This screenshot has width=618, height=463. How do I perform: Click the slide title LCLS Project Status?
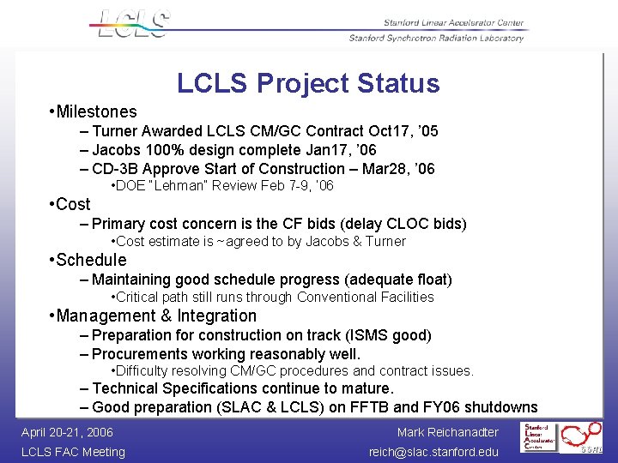308,83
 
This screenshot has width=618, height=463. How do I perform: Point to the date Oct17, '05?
403,131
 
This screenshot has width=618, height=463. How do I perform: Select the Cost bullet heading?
73,204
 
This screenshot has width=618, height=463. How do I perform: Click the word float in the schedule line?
428,279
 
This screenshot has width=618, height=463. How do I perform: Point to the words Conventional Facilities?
366,298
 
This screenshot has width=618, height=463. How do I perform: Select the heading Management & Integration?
156,316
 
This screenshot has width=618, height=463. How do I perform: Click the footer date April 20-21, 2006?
68,432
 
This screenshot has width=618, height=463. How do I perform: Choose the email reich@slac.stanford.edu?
433,452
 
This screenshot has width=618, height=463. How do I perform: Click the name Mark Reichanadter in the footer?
447,432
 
